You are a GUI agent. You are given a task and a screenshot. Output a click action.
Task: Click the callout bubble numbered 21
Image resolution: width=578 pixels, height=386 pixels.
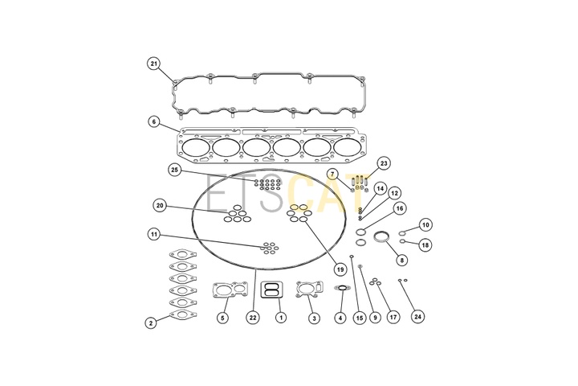tap(153, 64)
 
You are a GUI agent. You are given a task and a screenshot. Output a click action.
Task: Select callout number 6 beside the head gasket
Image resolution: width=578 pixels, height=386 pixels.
tap(154, 121)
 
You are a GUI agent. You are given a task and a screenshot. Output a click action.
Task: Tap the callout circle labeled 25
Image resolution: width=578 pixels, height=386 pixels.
tap(175, 170)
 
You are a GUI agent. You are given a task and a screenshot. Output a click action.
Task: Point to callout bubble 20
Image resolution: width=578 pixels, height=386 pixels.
tap(160, 205)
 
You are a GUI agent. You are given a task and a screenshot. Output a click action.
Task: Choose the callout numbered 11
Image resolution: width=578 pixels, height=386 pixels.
tap(154, 234)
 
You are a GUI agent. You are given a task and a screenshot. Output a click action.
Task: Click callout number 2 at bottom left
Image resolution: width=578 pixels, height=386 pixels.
tap(150, 322)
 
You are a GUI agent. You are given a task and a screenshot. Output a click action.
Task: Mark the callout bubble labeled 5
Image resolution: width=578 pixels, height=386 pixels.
tap(222, 318)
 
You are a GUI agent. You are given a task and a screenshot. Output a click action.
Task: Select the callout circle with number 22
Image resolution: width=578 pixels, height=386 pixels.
tap(253, 318)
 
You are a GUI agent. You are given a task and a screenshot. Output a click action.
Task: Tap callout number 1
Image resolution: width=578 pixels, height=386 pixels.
tap(281, 317)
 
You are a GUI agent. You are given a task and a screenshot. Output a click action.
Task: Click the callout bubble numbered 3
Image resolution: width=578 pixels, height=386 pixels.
tap(314, 318)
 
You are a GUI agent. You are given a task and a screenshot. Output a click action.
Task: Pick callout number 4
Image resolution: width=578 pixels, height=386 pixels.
tap(340, 318)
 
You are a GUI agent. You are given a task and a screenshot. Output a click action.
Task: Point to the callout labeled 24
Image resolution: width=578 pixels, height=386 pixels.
tap(417, 317)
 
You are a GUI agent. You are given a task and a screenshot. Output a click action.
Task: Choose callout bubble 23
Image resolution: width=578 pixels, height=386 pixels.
tap(384, 163)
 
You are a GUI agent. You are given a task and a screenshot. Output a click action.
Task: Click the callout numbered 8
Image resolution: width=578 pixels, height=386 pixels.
tap(402, 260)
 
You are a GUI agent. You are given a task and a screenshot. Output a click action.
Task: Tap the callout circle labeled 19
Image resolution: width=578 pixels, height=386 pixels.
tap(340, 269)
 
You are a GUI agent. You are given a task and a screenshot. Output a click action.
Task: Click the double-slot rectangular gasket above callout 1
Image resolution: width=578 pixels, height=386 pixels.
tap(271, 289)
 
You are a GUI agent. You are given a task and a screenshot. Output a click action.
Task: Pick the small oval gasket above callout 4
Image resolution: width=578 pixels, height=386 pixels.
tap(342, 287)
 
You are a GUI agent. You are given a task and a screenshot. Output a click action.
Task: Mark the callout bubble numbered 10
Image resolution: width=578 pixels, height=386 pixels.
tap(425, 224)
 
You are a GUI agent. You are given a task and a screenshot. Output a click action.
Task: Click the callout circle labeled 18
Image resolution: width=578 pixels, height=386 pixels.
tap(425, 245)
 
